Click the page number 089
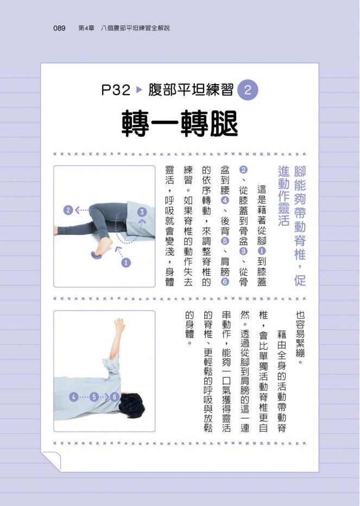click(59, 28)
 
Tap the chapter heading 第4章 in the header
click(86, 28)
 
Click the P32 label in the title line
click(116, 90)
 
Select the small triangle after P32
click(139, 90)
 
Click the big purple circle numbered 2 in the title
click(248, 90)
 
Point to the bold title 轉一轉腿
click(180, 124)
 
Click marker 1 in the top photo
click(126, 263)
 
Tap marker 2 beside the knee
click(68, 211)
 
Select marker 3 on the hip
click(142, 212)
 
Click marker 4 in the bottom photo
click(74, 397)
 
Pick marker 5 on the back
click(94, 397)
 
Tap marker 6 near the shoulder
click(114, 397)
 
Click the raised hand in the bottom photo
click(119, 325)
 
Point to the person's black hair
click(132, 406)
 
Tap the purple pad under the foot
click(96, 256)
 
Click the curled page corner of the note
click(52, 460)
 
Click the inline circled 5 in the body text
click(225, 241)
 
